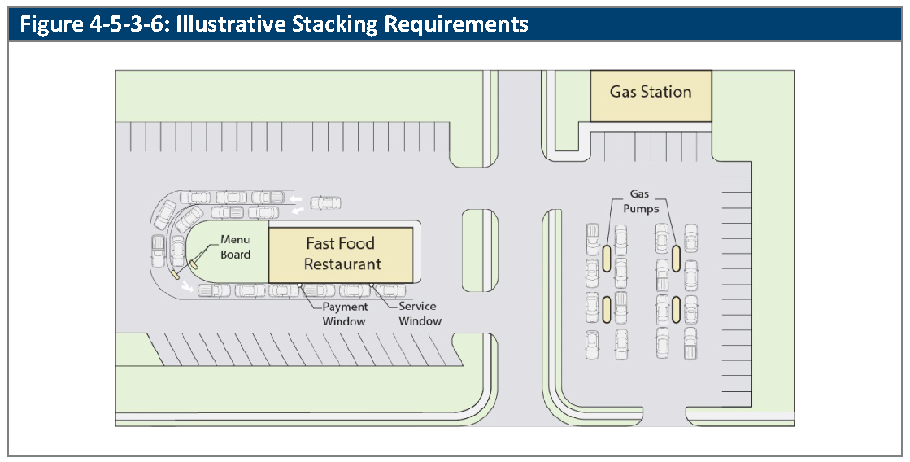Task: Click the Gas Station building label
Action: [x=650, y=92]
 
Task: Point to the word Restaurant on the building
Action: [x=342, y=264]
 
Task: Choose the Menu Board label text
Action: [x=235, y=246]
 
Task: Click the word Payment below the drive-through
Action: [x=346, y=307]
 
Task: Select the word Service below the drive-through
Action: [x=417, y=306]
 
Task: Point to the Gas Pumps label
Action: [x=641, y=202]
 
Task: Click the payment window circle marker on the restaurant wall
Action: [x=299, y=285]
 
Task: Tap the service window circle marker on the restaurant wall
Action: [x=371, y=285]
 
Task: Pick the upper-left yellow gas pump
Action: [x=606, y=259]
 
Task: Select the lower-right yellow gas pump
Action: [x=676, y=309]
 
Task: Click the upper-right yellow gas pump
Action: [x=676, y=259]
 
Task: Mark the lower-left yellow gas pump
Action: [x=606, y=309]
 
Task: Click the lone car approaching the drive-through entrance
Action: [x=325, y=203]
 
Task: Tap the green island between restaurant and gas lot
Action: [x=480, y=251]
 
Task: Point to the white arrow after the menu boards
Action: [x=187, y=285]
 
